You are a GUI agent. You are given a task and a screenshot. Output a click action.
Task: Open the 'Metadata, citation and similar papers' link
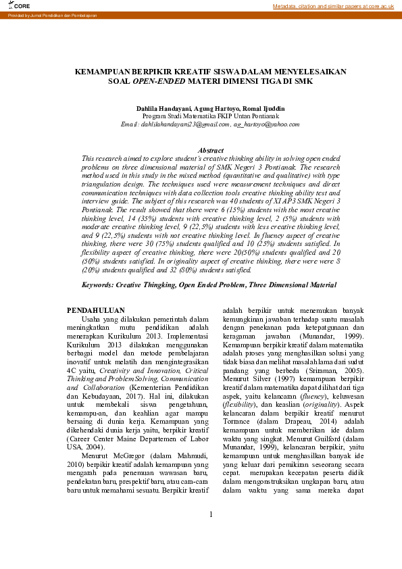(x=333, y=6)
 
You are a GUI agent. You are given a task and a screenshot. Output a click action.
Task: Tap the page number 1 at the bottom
(x=210, y=534)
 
